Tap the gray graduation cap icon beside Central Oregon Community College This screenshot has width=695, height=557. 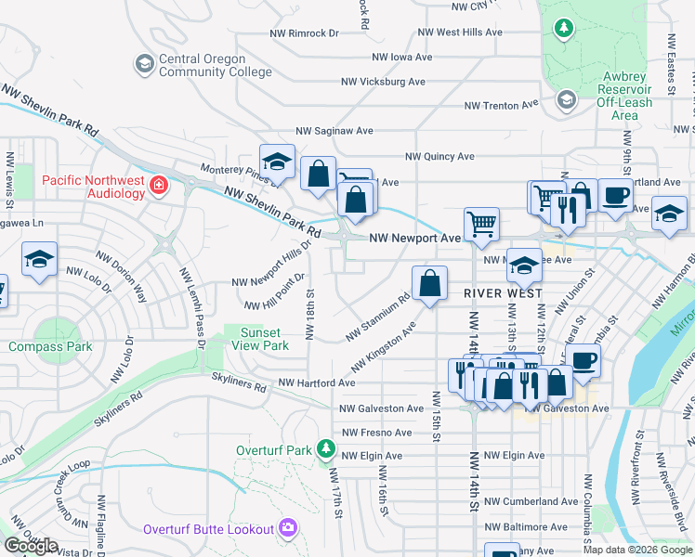point(144,63)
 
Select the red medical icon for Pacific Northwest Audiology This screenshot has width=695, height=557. point(159,186)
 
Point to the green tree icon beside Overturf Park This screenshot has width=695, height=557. point(324,450)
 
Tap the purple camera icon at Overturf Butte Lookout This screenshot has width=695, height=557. point(287,529)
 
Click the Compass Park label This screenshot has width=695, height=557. point(50,346)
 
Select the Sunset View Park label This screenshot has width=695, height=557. point(260,339)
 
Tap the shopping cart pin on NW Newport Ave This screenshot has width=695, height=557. point(481,224)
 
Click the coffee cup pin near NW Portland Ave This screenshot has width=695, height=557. point(614,196)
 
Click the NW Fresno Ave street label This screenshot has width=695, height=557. point(376,433)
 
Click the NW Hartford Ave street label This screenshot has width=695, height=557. point(316,382)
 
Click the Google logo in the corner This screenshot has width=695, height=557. point(32,545)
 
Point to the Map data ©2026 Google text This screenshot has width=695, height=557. point(636,550)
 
